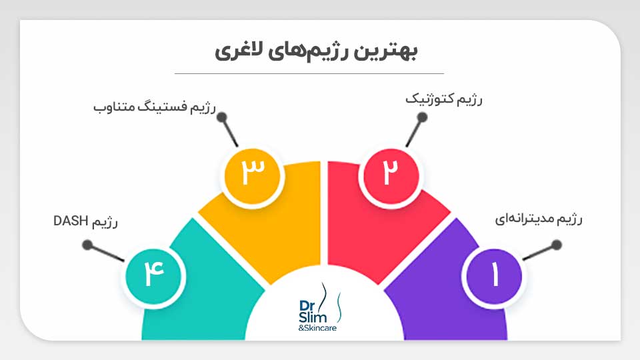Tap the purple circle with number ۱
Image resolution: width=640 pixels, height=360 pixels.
(494, 275)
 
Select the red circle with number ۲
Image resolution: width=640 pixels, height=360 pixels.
(389, 175)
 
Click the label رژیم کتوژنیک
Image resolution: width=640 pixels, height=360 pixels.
(444, 99)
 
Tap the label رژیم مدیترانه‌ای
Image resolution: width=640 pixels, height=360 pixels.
(538, 219)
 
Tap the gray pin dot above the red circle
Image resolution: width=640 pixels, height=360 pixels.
(421, 117)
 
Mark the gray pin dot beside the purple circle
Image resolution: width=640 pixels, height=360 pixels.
(557, 245)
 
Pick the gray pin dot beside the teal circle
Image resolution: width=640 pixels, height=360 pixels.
(87, 245)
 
